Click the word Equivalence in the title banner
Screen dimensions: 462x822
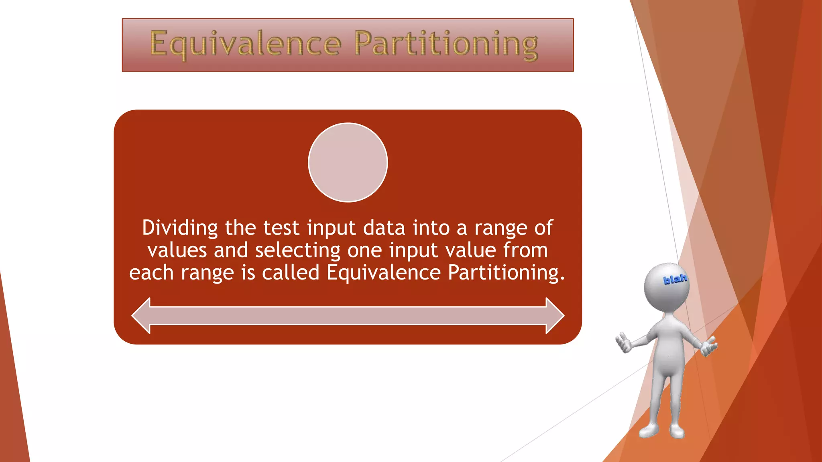[x=246, y=44]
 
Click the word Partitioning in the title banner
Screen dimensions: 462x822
[x=446, y=44]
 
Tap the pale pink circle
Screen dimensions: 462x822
[x=348, y=162]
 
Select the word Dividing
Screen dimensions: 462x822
[x=180, y=228]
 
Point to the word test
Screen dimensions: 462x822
[x=281, y=228]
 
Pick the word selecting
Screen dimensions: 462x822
[x=298, y=251]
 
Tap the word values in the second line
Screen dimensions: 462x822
[x=177, y=251]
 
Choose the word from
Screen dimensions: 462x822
[x=525, y=251]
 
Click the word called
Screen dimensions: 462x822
[x=291, y=273]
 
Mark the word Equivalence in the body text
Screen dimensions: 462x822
[x=383, y=273]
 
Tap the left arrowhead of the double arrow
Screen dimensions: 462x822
[x=141, y=316]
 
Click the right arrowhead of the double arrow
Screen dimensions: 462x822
[x=555, y=316]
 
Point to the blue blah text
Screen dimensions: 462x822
[x=675, y=279]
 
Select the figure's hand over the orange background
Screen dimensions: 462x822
[x=709, y=346]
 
